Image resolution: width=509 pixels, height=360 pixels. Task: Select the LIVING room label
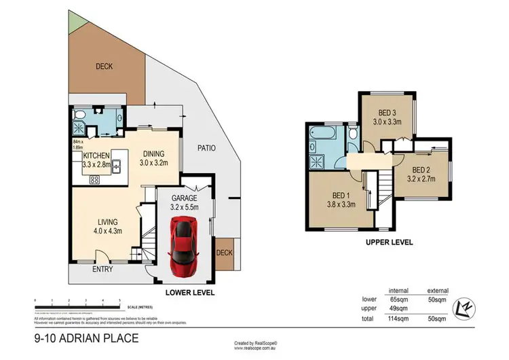point(107,221)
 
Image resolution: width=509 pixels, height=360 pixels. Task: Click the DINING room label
point(152,154)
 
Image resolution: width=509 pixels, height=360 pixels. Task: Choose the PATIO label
point(206,147)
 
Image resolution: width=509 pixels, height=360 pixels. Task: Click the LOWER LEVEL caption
point(191,293)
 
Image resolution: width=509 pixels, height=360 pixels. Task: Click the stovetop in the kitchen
point(95,180)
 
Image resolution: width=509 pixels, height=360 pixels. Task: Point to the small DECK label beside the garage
point(223,253)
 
